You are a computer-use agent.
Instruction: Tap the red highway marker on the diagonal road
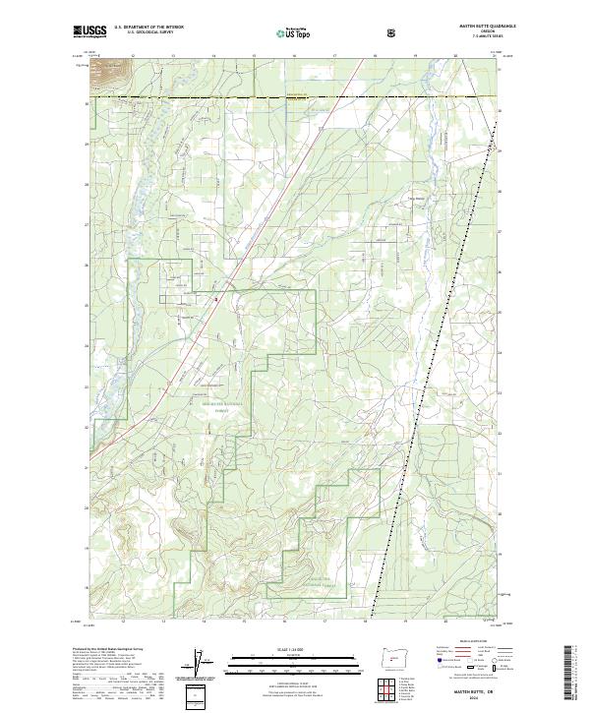pos(216,292)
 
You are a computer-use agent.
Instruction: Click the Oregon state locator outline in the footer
pos(391,654)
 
